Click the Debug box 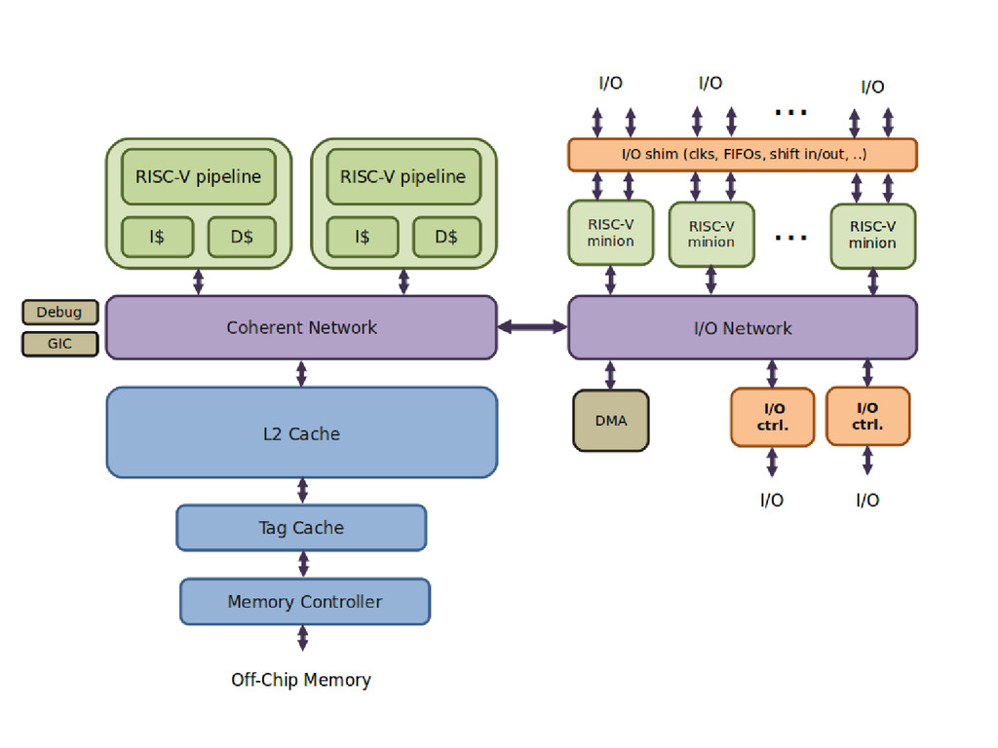click(x=60, y=313)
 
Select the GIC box click(x=60, y=344)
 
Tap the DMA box click(x=611, y=421)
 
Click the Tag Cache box click(x=301, y=528)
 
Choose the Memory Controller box click(x=305, y=602)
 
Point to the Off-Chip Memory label click(x=301, y=680)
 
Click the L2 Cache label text click(x=301, y=434)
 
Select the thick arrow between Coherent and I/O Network click(x=532, y=327)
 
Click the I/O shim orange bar click(x=743, y=155)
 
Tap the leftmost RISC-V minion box click(x=611, y=233)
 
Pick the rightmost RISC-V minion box click(x=872, y=236)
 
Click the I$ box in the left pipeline click(x=158, y=237)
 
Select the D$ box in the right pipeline click(x=446, y=237)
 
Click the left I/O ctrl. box click(x=772, y=417)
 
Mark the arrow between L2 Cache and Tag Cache click(x=303, y=491)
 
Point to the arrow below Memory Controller click(x=303, y=638)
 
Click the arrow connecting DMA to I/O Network click(x=611, y=375)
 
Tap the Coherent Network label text click(x=301, y=327)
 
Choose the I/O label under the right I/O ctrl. click(x=867, y=501)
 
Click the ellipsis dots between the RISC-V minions click(x=790, y=237)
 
